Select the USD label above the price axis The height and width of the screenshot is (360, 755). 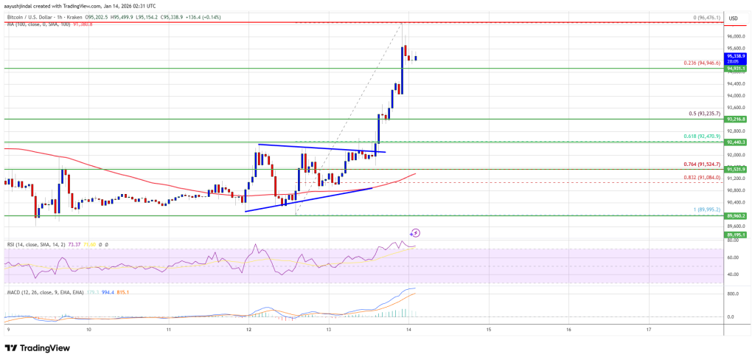[x=733, y=18]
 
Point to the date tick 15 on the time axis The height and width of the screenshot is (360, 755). [x=489, y=330]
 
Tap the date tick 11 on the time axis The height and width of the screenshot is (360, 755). [x=169, y=330]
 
